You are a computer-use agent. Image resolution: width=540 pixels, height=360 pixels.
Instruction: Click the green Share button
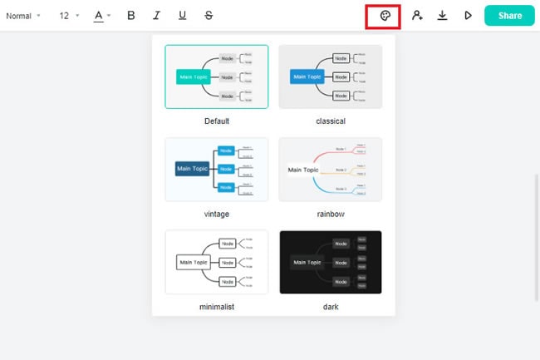tap(509, 15)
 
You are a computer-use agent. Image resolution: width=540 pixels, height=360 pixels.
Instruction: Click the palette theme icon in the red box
tap(385, 16)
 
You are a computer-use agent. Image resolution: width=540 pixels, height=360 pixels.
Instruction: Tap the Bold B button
tap(131, 16)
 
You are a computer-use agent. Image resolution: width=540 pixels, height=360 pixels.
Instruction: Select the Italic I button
tap(156, 16)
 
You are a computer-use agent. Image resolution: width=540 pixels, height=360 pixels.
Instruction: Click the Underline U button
tap(182, 16)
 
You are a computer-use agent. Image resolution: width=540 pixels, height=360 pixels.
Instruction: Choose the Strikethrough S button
tap(208, 16)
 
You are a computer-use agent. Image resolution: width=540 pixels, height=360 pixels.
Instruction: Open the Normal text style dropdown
tap(22, 16)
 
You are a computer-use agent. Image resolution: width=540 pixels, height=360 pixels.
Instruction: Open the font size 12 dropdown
tap(69, 16)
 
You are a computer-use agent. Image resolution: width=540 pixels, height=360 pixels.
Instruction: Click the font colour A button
tap(101, 16)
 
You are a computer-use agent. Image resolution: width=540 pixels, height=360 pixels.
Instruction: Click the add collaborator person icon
tap(417, 16)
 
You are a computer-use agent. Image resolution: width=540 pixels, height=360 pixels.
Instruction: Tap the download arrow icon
tap(443, 16)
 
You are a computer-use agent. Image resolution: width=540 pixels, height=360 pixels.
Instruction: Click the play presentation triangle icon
tap(468, 16)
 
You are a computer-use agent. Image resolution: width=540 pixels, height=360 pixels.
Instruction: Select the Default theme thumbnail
tap(217, 76)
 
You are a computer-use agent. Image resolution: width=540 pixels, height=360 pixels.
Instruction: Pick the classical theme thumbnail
tap(331, 76)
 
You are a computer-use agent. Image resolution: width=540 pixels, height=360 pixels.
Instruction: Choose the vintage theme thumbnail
tap(217, 169)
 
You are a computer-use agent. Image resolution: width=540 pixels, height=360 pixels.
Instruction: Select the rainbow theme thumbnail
tap(331, 169)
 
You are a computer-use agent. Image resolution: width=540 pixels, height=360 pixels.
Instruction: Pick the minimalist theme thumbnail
tap(217, 262)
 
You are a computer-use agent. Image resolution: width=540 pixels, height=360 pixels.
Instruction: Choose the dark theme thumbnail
tap(331, 262)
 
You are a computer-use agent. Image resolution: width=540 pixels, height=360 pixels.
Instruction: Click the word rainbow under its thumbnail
tap(331, 214)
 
